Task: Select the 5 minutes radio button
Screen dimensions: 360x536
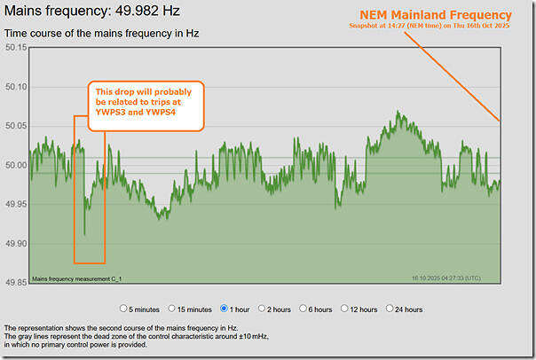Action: [x=124, y=309]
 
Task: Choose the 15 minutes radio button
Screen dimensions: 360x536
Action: [x=175, y=309]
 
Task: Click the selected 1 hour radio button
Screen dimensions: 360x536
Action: [x=225, y=309]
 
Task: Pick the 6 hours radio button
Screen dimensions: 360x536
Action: [x=304, y=309]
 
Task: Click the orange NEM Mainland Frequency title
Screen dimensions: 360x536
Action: [x=435, y=15]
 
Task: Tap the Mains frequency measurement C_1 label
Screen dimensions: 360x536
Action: [x=77, y=278]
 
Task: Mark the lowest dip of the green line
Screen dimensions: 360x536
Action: [x=84, y=234]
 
